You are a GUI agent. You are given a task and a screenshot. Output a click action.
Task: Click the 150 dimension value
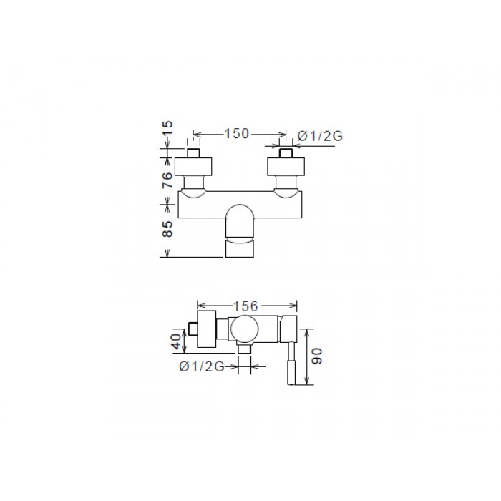click(x=236, y=134)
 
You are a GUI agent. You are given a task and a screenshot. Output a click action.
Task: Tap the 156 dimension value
click(x=245, y=306)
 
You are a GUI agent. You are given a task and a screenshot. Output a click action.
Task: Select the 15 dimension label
click(x=167, y=128)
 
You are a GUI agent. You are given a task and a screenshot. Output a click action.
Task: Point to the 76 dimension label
click(x=167, y=180)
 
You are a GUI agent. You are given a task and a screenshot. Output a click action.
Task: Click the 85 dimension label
click(x=167, y=229)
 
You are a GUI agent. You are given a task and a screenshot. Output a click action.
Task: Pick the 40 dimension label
click(x=177, y=341)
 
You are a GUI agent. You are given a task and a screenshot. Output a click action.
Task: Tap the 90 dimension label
click(x=317, y=356)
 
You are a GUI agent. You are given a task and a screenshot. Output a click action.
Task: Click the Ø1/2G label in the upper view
click(x=320, y=136)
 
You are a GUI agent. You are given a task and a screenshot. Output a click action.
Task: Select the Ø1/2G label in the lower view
click(x=202, y=366)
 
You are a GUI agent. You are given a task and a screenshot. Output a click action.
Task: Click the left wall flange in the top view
click(x=194, y=167)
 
